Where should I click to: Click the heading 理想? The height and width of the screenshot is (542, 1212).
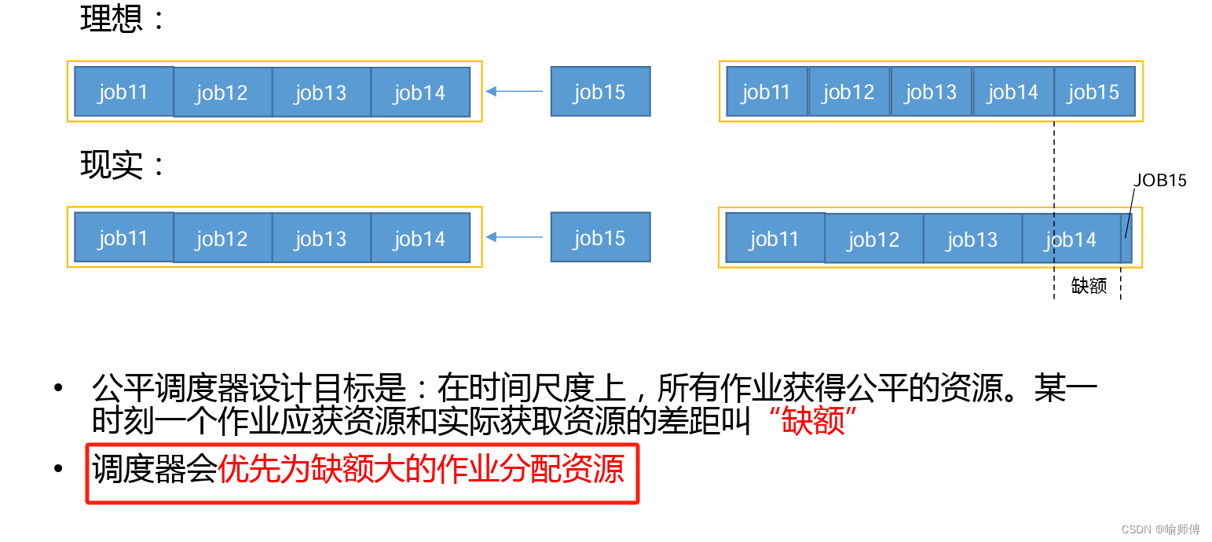[x=111, y=18]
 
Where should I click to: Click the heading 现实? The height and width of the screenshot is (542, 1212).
[x=111, y=165]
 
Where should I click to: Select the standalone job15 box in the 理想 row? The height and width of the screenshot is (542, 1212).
[x=600, y=92]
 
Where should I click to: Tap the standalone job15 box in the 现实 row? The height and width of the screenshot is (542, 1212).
[x=600, y=237]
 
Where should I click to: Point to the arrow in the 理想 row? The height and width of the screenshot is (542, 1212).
[x=514, y=92]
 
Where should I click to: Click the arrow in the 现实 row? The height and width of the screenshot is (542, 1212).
[x=514, y=237]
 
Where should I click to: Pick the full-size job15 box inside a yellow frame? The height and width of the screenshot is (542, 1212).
[x=1094, y=92]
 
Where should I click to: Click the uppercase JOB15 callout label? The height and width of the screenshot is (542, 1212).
[x=1159, y=181]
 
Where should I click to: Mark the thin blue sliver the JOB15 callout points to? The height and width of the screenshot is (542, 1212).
[x=1126, y=238]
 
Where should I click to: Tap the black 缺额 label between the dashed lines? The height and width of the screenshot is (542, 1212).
[x=1089, y=286]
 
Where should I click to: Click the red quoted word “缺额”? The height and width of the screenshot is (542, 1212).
[x=813, y=422]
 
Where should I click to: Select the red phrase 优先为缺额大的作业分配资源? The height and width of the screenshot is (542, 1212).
[x=421, y=470]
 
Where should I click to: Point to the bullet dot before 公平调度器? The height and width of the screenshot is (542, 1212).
[x=57, y=389]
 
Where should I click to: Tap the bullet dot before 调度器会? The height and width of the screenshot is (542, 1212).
[x=57, y=470]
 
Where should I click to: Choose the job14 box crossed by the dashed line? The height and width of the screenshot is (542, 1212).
[x=1071, y=239]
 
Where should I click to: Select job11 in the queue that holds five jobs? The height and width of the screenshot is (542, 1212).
[x=767, y=92]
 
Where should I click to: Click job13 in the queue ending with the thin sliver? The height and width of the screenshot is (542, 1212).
[x=972, y=239]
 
